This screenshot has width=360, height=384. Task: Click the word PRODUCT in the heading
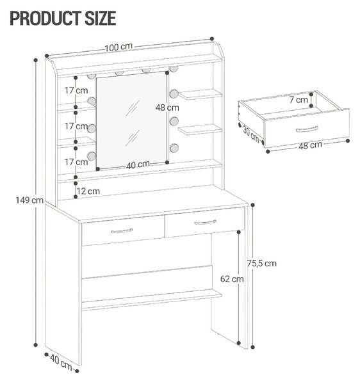click(46, 18)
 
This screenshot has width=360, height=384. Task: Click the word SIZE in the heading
click(101, 18)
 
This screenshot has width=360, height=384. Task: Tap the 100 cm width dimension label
click(119, 47)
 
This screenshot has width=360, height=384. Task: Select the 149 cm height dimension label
click(29, 200)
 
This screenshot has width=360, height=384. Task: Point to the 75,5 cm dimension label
click(262, 263)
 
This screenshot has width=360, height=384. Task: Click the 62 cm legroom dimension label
click(232, 279)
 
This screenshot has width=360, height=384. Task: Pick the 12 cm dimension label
click(88, 191)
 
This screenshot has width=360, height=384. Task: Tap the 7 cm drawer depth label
click(299, 100)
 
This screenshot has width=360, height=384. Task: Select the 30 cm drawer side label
click(250, 134)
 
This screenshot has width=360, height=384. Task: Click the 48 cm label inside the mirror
click(167, 108)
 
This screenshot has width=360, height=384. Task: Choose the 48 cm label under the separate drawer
click(310, 145)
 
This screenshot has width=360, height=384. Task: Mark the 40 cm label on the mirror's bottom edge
click(138, 164)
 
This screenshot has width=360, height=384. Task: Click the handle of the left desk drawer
click(122, 230)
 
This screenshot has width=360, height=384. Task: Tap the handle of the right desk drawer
click(206, 222)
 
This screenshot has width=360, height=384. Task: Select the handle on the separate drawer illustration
click(307, 129)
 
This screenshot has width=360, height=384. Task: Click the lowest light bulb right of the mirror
click(174, 148)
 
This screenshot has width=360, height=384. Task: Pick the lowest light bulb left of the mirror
click(92, 156)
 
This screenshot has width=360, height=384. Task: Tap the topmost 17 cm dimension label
click(76, 90)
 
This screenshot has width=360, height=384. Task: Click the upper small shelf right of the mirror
click(200, 95)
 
